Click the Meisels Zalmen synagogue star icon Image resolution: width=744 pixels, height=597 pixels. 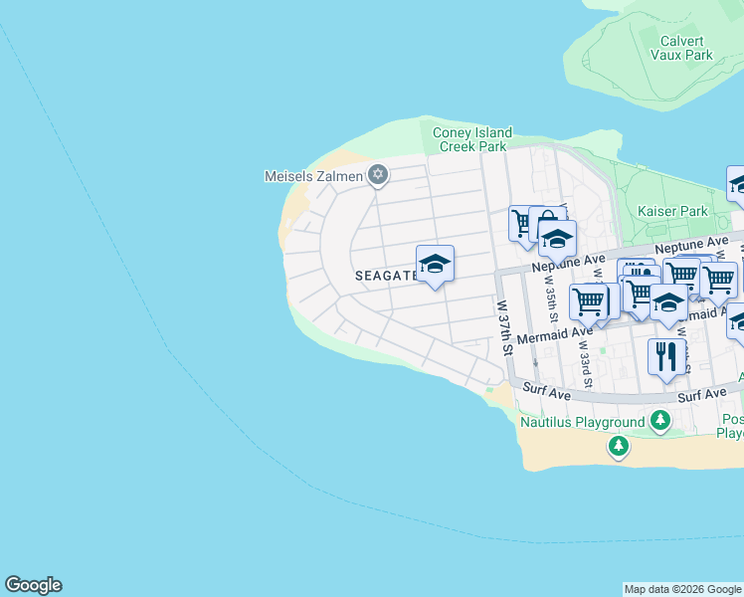click(x=376, y=176)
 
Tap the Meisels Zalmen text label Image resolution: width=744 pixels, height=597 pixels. click(x=312, y=177)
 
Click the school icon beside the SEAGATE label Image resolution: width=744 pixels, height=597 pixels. click(x=435, y=264)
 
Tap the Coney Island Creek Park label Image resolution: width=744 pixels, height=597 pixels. click(x=472, y=139)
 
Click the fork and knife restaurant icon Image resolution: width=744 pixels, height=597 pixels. click(x=666, y=355)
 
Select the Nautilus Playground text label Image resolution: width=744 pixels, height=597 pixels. click(x=583, y=422)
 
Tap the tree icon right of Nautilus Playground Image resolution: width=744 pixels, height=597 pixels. click(x=659, y=422)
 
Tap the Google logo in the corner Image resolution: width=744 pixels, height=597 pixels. click(x=33, y=585)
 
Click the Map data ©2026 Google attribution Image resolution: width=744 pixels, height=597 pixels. click(x=682, y=589)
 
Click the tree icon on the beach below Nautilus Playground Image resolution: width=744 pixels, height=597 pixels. click(x=619, y=446)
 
